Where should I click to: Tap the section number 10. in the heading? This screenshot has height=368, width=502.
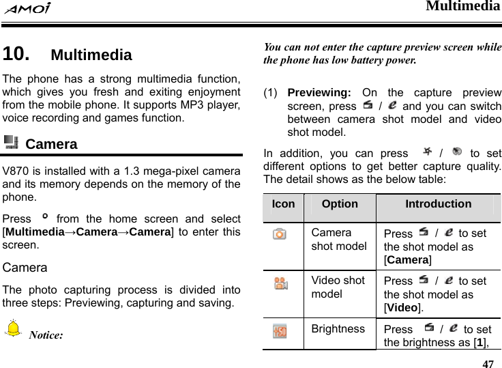click(x=16, y=54)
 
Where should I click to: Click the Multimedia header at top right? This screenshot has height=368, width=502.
click(x=463, y=7)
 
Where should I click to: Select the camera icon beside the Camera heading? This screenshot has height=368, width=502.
click(x=11, y=143)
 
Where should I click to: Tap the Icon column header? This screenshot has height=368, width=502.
click(x=283, y=203)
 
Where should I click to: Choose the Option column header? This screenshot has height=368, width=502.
click(x=339, y=203)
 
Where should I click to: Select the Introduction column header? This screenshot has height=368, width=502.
click(x=438, y=203)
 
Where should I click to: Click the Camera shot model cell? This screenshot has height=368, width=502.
click(x=339, y=240)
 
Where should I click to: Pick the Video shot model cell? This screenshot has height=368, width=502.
click(x=339, y=287)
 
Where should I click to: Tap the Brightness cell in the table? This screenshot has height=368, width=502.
click(x=338, y=328)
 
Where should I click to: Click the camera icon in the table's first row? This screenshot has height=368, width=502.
click(x=279, y=234)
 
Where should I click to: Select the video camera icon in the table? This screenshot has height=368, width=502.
click(x=280, y=285)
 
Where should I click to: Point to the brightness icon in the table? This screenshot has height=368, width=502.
click(x=279, y=332)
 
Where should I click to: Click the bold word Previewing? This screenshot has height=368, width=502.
click(x=319, y=92)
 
